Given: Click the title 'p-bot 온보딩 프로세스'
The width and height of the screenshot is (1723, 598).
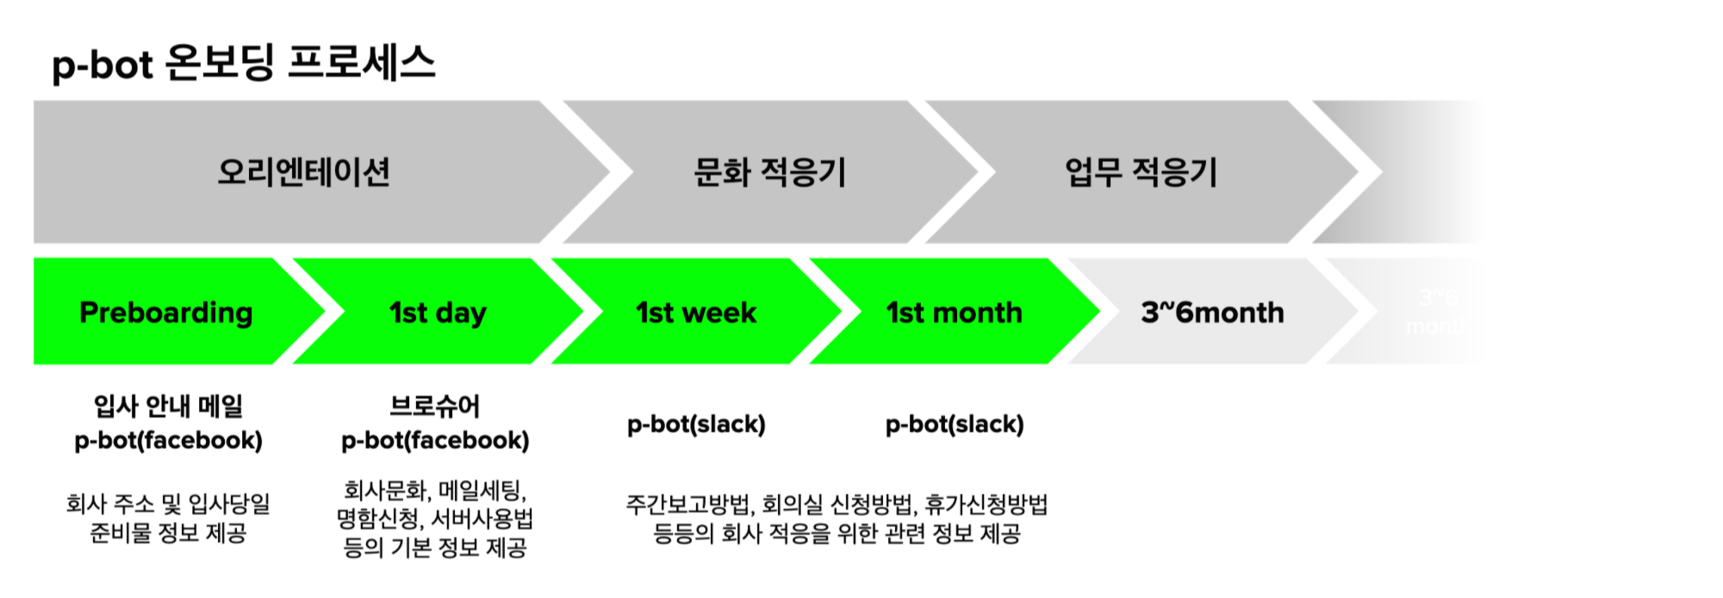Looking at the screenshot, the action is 244,64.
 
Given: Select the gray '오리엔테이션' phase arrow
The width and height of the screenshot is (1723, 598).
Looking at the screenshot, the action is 303,171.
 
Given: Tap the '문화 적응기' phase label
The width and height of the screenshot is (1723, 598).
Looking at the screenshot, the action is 769,171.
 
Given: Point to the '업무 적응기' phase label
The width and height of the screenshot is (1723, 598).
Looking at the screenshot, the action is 1141,171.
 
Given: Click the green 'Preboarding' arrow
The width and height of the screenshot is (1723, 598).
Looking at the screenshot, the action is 166,312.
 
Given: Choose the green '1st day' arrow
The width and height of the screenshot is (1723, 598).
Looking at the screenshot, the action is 438,312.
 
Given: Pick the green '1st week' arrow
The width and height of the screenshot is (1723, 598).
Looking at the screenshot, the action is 696,312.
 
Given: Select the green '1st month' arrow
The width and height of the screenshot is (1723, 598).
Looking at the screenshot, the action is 954,312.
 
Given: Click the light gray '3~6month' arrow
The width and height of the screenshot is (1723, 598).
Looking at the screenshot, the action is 1212,312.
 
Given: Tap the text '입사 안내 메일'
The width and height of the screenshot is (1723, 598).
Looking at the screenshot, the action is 168,405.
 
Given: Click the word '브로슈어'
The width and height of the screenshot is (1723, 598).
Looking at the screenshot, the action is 435,405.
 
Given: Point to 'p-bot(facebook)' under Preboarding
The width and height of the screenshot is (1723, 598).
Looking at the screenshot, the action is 168,440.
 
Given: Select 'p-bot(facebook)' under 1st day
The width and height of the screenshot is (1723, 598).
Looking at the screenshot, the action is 435,440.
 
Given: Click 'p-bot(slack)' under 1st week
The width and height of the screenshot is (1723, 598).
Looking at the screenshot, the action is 696,424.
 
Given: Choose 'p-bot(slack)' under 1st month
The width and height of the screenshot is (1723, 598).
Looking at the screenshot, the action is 955,424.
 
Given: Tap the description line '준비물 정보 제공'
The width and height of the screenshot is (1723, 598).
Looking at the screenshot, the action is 168,533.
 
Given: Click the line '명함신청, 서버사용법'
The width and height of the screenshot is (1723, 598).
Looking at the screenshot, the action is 435,519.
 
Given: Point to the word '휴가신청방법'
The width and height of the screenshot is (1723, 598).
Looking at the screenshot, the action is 986,504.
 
